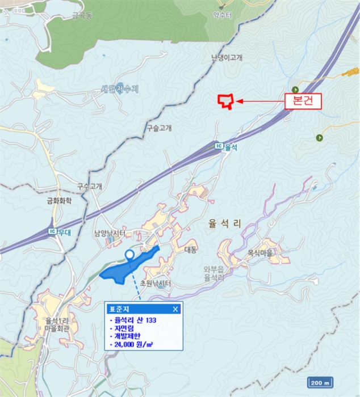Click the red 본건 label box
click(x=303, y=102)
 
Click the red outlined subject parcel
click(x=226, y=101)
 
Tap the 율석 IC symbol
click(x=219, y=146)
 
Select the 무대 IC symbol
click(x=52, y=231)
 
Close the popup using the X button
click(x=175, y=309)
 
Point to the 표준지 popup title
click(x=116, y=309)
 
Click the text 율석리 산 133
click(x=135, y=321)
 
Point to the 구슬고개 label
click(x=159, y=128)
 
